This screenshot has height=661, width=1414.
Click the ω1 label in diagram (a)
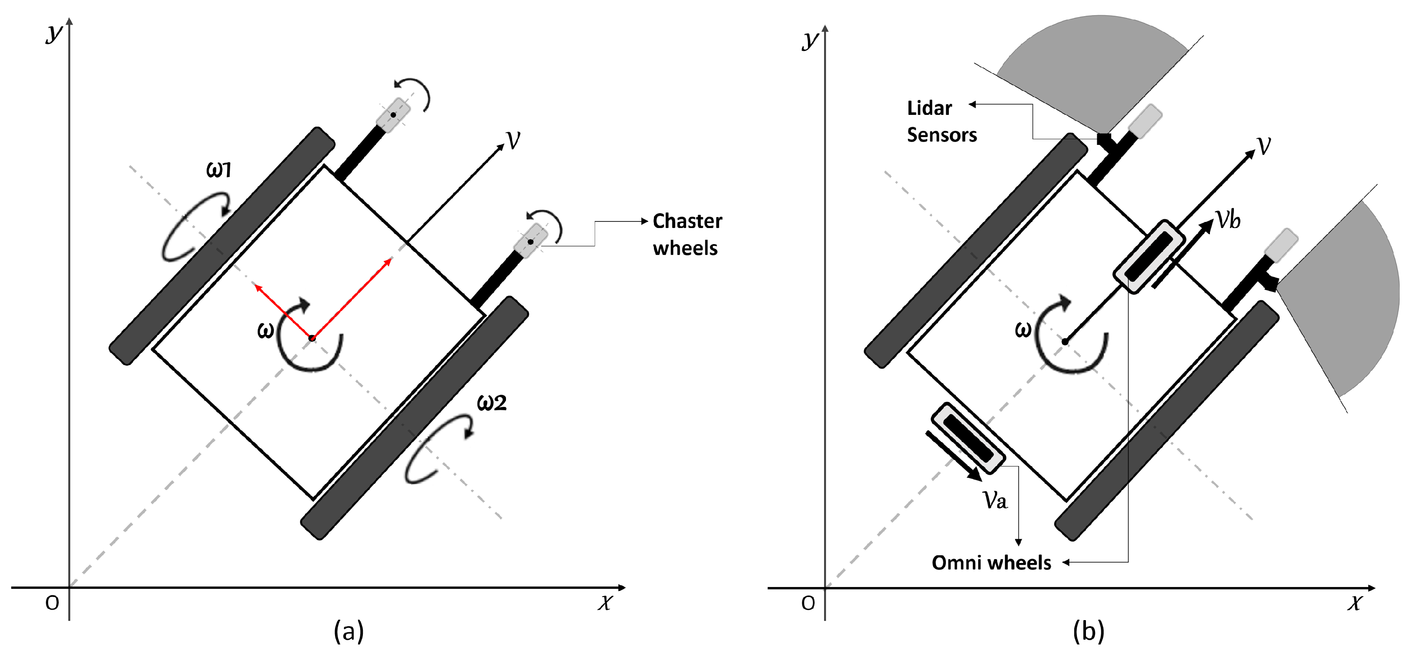pos(218,170)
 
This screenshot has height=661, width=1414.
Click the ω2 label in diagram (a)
pos(491,403)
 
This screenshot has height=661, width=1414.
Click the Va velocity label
pos(995,500)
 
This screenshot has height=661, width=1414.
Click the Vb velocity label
pos(1227,220)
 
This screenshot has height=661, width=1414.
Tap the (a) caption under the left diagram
pos(348,631)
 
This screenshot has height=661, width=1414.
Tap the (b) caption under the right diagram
pos(1089,631)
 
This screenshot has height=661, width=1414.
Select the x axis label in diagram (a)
pos(604,603)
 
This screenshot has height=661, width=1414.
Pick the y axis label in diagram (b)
pos(810,40)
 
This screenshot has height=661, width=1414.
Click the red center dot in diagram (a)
pos(312,338)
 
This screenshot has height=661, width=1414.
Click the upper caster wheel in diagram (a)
pos(393,115)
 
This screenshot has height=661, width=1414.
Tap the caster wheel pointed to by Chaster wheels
pos(530,242)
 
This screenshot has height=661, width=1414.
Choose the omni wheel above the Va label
pos(968,438)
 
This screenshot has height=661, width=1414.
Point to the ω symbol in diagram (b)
pos(1022,330)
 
